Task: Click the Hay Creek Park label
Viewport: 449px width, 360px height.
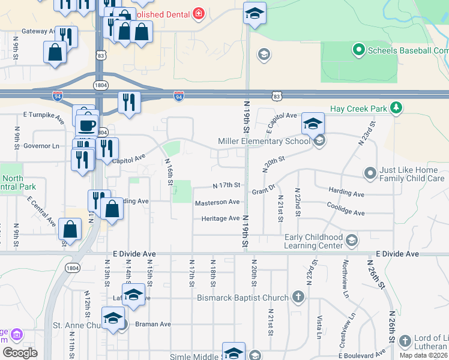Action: tap(358, 109)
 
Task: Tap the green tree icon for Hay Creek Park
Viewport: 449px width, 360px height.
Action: tap(396, 108)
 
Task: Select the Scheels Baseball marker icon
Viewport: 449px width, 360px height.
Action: tap(358, 50)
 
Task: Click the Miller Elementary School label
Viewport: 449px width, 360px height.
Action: tap(264, 142)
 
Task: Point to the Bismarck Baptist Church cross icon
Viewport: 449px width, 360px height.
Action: tap(298, 297)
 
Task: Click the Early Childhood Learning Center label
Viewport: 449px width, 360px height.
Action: tap(313, 241)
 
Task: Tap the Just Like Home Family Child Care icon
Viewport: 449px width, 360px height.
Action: tap(370, 173)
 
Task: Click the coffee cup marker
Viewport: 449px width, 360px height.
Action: tap(88, 125)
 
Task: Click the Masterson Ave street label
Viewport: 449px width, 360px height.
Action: tap(217, 203)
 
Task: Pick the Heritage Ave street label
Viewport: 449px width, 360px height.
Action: tap(220, 218)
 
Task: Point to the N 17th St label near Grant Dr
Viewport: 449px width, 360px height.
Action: tap(226, 185)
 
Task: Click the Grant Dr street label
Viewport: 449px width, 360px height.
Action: tap(263, 190)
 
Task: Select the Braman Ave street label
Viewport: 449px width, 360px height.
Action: tap(152, 324)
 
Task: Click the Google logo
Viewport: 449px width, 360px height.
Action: tap(19, 352)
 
